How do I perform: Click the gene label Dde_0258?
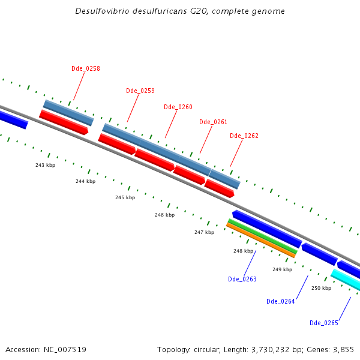point(85,68)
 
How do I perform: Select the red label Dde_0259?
point(140,91)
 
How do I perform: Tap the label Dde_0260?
point(178,107)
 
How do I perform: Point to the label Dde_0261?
point(213,122)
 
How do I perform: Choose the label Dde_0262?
point(244,136)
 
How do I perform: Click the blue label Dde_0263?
point(242,279)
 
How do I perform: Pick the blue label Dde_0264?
point(280,301)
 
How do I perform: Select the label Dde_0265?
point(323,323)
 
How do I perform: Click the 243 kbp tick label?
point(45,165)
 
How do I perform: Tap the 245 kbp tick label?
point(125,197)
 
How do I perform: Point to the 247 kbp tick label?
point(204,232)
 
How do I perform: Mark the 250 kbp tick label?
point(321,288)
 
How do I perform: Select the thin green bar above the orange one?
point(262,235)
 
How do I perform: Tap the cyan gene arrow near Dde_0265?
point(346,280)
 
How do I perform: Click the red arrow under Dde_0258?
point(64,122)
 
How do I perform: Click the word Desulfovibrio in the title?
point(101,11)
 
